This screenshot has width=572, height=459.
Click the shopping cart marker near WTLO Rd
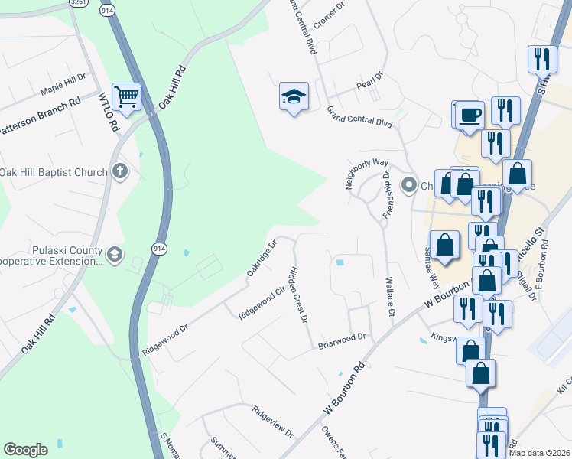click(126, 97)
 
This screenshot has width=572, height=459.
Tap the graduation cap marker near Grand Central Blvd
click(294, 97)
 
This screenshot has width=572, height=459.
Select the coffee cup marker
click(470, 116)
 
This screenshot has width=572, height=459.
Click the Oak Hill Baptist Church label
click(54, 172)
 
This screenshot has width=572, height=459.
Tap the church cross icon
click(119, 171)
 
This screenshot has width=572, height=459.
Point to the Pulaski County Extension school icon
click(115, 255)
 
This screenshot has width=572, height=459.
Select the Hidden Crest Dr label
click(299, 294)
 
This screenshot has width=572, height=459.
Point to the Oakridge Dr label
click(262, 259)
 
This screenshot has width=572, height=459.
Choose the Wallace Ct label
click(390, 296)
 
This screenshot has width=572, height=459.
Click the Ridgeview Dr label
click(273, 422)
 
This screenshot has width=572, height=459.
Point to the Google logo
click(25, 450)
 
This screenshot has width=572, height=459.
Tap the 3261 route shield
click(77, 2)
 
